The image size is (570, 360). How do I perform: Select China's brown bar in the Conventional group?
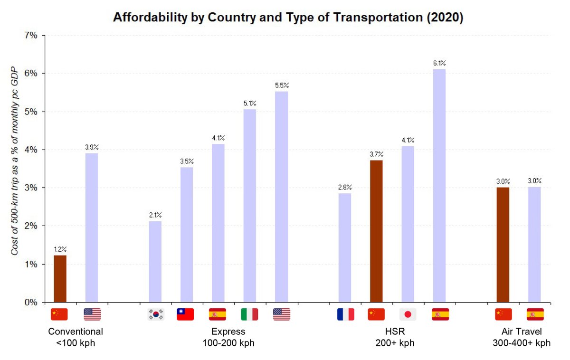[60, 278]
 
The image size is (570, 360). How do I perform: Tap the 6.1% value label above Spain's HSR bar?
[439, 63]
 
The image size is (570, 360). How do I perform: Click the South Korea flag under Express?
[155, 314]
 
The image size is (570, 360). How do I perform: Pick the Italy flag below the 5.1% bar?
[249, 314]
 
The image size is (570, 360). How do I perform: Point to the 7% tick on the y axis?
[31, 36]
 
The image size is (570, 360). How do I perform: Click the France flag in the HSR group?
[345, 314]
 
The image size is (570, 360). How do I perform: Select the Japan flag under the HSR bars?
[408, 314]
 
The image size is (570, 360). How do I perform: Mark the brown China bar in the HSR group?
[376, 231]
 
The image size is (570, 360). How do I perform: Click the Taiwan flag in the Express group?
[185, 314]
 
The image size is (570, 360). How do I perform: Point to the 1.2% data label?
[60, 249]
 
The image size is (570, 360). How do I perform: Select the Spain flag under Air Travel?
[535, 314]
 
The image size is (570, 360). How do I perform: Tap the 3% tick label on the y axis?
[31, 188]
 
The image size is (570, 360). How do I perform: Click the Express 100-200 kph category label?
[228, 337]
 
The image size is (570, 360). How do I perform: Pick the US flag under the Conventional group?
[92, 314]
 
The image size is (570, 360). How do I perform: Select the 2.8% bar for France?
[345, 247]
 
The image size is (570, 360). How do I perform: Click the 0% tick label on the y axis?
[31, 303]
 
